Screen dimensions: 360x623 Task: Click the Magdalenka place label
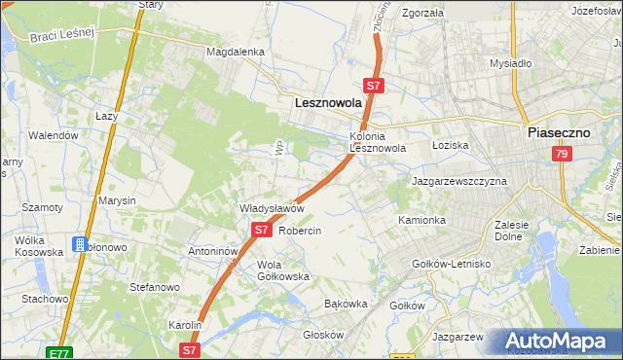pyautogui.click(x=235, y=52)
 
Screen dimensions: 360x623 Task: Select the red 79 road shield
pyautogui.click(x=561, y=155)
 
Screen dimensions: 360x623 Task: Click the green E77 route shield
pyautogui.click(x=58, y=350)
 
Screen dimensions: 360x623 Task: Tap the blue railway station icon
pyautogui.click(x=80, y=245)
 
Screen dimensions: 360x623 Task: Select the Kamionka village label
pyautogui.click(x=421, y=221)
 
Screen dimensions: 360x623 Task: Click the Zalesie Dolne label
pyautogui.click(x=511, y=230)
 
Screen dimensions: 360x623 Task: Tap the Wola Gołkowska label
pyautogui.click(x=282, y=270)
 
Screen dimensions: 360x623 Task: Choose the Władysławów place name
pyautogui.click(x=273, y=208)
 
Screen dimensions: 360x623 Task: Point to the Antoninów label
pyautogui.click(x=213, y=251)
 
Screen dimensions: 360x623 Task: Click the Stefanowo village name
pyautogui.click(x=155, y=287)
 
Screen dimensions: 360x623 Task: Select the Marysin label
pyautogui.click(x=117, y=200)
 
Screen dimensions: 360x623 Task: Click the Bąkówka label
pyautogui.click(x=346, y=304)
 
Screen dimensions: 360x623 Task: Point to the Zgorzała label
pyautogui.click(x=422, y=14)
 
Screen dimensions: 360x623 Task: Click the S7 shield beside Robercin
pyautogui.click(x=261, y=231)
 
